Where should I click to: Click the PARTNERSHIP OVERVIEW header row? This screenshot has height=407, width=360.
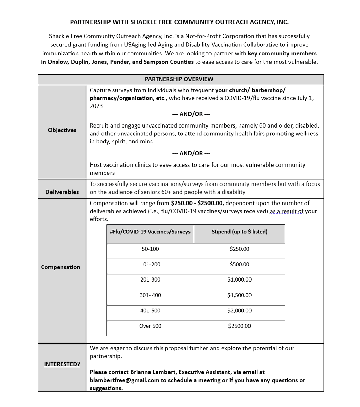(179, 79)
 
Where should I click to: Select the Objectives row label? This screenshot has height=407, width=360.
(62, 130)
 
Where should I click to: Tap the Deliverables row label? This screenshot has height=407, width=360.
(62, 192)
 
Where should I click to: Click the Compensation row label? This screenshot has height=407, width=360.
(61, 267)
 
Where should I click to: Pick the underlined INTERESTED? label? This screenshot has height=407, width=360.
(62, 364)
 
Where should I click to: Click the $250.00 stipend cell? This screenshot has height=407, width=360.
(239, 249)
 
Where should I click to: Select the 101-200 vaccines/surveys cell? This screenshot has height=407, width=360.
(150, 265)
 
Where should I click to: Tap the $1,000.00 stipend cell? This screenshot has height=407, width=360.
(239, 280)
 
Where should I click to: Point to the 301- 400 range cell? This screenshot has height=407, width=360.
(150, 295)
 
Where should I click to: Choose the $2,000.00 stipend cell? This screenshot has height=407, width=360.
(239, 311)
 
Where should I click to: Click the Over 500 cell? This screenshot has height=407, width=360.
(150, 326)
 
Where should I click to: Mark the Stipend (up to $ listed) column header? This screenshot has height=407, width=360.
(239, 232)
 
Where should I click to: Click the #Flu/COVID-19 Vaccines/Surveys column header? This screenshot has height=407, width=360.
(150, 232)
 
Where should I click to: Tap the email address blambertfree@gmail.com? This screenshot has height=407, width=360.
(124, 380)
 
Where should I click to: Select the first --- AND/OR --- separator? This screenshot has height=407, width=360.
(191, 114)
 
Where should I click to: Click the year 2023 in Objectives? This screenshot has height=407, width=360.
(96, 106)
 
